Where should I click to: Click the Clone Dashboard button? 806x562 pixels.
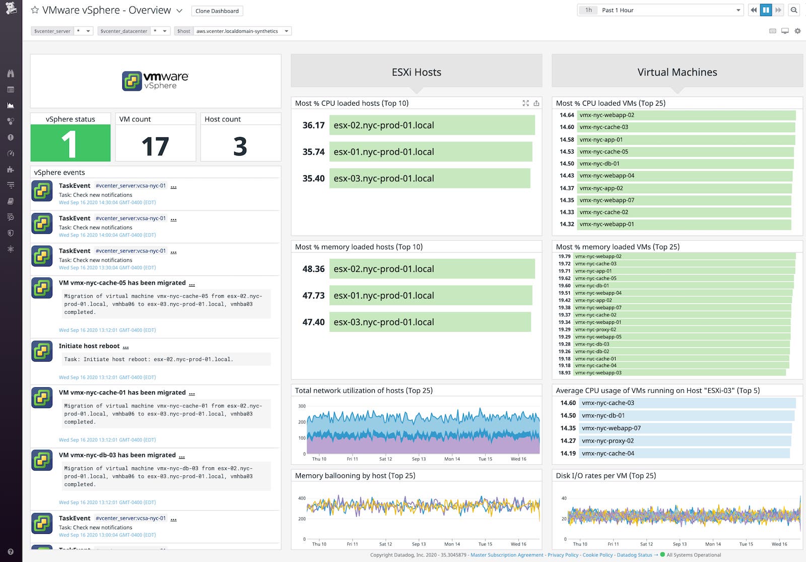(217, 11)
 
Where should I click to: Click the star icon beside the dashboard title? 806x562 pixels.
(35, 10)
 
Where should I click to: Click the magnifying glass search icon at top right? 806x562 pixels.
(794, 10)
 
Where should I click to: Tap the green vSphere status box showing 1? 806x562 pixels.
(71, 144)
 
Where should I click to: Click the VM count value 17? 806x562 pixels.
(155, 147)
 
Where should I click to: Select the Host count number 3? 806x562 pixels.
(240, 147)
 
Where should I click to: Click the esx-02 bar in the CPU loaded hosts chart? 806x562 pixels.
(432, 125)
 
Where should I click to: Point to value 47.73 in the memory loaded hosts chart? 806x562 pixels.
(313, 296)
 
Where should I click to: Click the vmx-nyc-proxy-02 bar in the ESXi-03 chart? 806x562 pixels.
(685, 441)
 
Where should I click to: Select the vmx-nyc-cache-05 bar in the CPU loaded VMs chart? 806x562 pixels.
(685, 152)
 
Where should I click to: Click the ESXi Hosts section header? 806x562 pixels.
(416, 72)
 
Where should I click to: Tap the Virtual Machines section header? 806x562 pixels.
(677, 72)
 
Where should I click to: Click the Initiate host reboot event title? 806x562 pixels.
(89, 346)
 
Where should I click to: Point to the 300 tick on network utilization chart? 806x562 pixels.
(302, 406)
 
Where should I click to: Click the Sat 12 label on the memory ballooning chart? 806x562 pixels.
(385, 544)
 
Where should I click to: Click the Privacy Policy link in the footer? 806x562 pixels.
(563, 555)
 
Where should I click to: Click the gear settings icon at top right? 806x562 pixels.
(797, 31)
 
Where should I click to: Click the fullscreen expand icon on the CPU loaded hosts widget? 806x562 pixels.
(525, 103)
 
